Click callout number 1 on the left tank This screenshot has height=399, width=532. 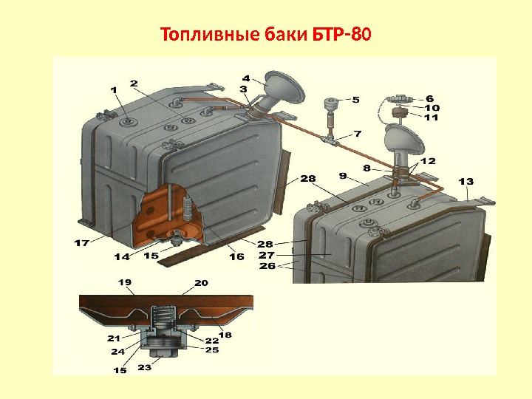(114, 89)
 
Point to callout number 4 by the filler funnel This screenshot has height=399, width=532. (245, 76)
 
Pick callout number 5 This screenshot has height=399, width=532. (355, 99)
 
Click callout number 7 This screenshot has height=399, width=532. (358, 134)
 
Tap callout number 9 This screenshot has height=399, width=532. (343, 176)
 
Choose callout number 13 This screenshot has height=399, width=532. (466, 181)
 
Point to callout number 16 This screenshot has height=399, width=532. (236, 256)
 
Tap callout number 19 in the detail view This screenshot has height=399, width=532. (124, 282)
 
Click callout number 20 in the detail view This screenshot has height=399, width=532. (200, 282)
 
